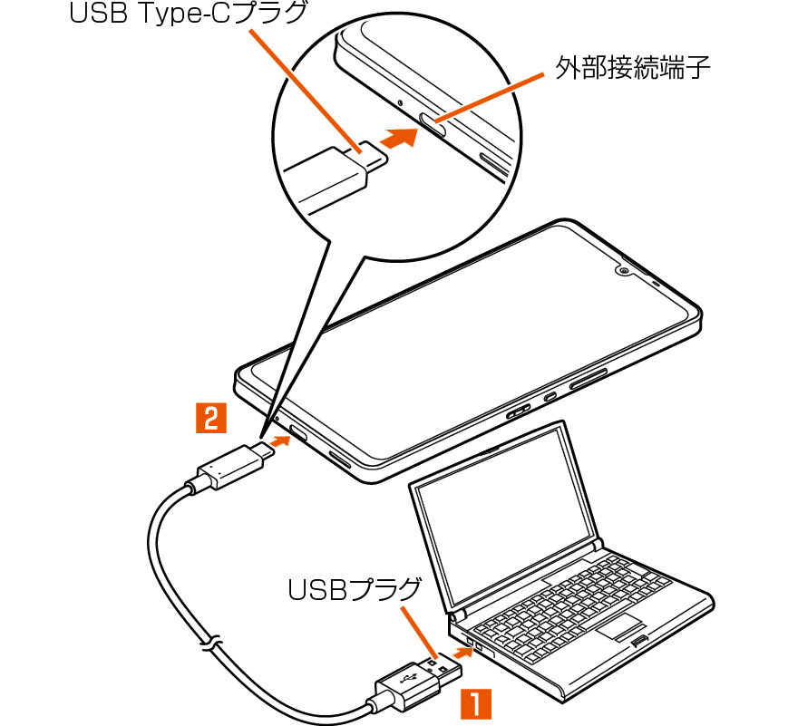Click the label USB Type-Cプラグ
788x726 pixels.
188,14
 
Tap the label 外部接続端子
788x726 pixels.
632,67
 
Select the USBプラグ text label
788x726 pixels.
355,589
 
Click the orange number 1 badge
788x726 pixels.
476,703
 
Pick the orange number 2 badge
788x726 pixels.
211,418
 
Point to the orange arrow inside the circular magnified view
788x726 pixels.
400,137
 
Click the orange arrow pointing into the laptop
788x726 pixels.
462,653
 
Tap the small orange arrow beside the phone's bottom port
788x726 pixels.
279,442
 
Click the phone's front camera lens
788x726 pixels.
624,271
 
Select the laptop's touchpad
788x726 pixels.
620,626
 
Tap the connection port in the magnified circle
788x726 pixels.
433,124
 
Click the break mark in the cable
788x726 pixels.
210,644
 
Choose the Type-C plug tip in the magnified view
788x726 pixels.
374,156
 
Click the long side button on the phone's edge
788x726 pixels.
588,378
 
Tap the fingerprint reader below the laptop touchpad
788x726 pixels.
639,641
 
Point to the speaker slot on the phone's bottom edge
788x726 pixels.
340,460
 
